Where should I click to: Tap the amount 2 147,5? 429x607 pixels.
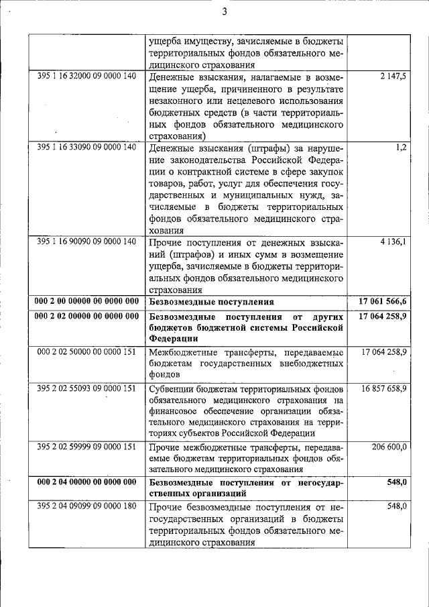pyautogui.click(x=393, y=76)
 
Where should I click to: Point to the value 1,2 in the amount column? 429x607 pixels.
pyautogui.click(x=401, y=147)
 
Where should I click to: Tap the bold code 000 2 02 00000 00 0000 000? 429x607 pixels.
pyautogui.click(x=87, y=315)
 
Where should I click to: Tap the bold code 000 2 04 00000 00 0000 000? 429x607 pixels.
pyautogui.click(x=87, y=482)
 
